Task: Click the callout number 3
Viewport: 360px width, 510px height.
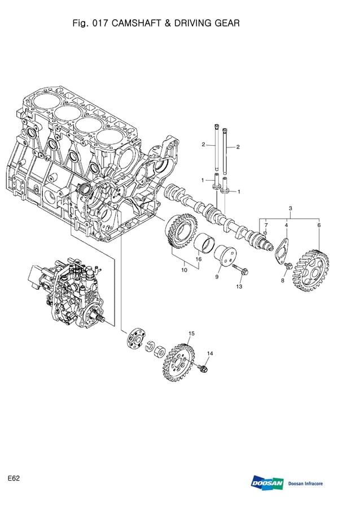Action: pyautogui.click(x=290, y=209)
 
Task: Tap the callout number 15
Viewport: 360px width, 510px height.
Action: pyautogui.click(x=191, y=334)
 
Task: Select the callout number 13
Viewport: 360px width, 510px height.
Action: pyautogui.click(x=239, y=287)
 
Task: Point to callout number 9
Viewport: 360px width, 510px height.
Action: pyautogui.click(x=217, y=277)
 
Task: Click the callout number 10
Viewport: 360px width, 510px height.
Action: pyautogui.click(x=184, y=271)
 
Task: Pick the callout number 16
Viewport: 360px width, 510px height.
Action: pyautogui.click(x=198, y=259)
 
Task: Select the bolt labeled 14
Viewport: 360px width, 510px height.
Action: pyautogui.click(x=204, y=369)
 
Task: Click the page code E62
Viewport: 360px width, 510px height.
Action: pyautogui.click(x=14, y=478)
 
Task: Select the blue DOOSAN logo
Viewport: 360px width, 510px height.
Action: pyautogui.click(x=267, y=483)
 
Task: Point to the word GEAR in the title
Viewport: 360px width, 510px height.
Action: pyautogui.click(x=227, y=24)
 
